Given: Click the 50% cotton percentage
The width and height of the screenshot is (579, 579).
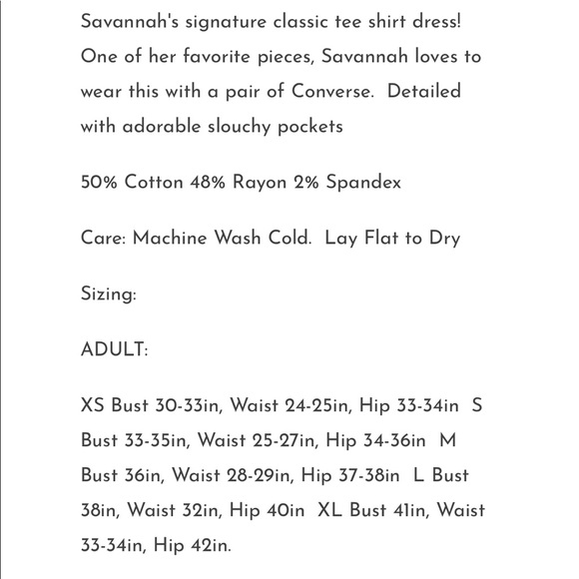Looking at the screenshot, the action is tap(100, 183).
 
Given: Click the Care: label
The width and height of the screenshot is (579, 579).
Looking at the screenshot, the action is tap(104, 239).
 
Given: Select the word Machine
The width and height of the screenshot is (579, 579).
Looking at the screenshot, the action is tap(171, 239).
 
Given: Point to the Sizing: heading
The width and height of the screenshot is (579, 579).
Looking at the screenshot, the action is tap(108, 294).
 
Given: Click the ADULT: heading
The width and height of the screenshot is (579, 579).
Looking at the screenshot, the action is tap(114, 350).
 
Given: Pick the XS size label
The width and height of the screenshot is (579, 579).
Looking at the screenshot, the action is tap(93, 405).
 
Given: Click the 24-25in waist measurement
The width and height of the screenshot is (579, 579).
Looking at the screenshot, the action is tap(314, 405).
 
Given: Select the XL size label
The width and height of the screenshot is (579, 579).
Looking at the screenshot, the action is tap(329, 510).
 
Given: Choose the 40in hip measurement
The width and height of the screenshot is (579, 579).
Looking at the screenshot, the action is tap(285, 510).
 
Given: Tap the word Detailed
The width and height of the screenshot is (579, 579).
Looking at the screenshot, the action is tap(423, 92).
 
